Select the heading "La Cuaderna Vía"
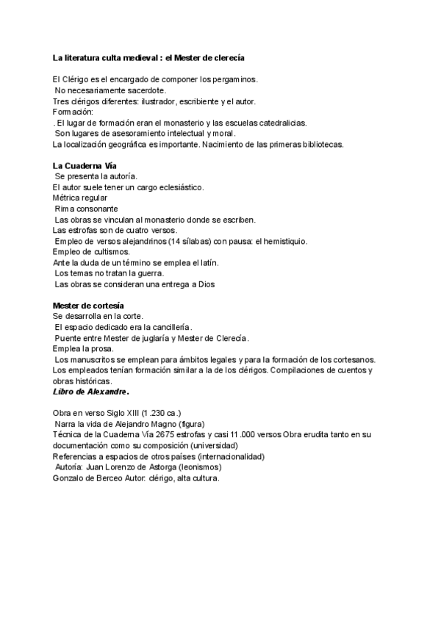(85, 166)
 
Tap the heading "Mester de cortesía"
(88, 305)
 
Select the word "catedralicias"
(282, 123)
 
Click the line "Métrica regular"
(79, 198)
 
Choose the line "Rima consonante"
(86, 209)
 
